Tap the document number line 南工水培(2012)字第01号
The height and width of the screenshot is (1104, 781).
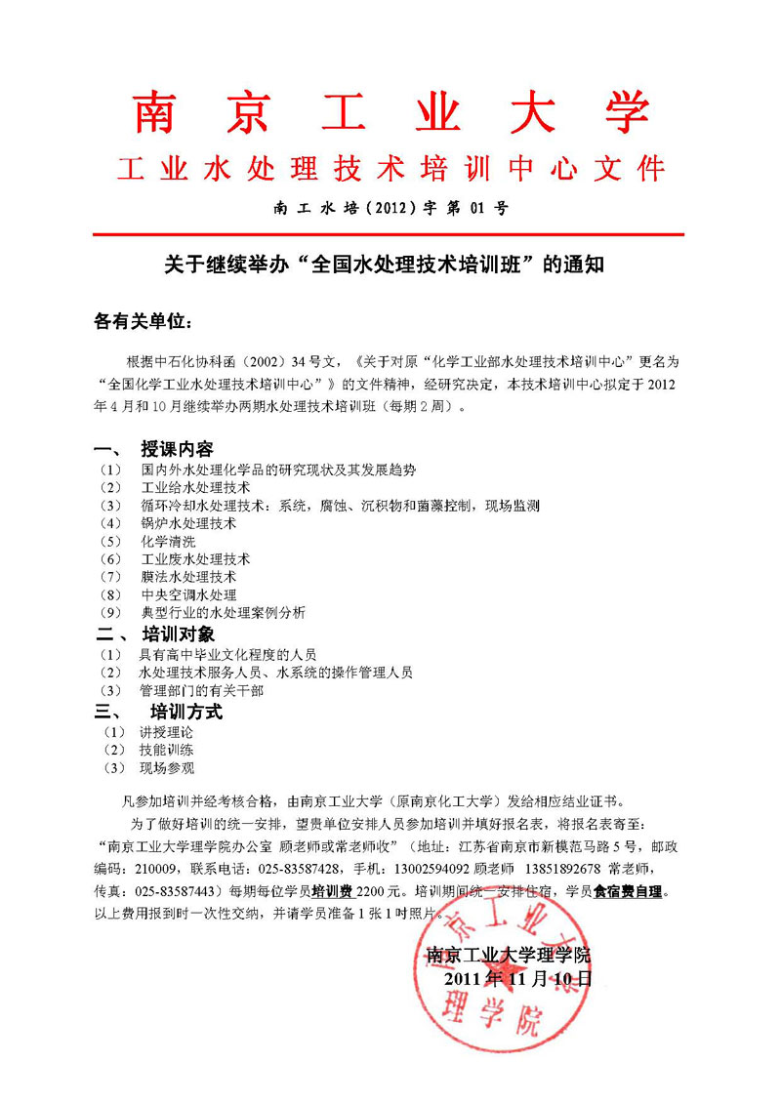point(390,207)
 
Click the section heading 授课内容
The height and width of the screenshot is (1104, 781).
point(177,449)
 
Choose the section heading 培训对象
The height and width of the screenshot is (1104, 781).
point(177,634)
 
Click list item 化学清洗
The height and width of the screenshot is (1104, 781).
point(168,541)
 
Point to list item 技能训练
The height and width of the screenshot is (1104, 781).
point(166,750)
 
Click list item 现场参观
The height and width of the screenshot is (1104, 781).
point(166,768)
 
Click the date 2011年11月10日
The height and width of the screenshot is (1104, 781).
point(517,978)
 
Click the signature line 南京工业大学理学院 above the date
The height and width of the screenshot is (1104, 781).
point(509,954)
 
